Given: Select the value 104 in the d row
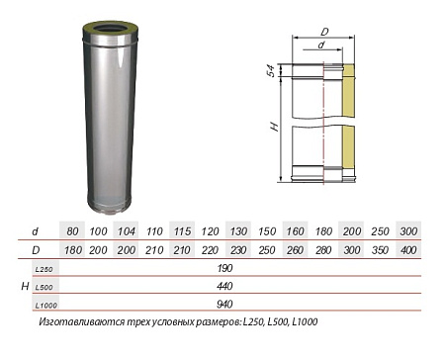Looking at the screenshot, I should pos(127,230).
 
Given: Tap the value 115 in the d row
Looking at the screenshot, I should pos(182,230).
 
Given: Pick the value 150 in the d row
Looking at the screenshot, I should pos(267,230).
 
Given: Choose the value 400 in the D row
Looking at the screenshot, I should pos(407,249).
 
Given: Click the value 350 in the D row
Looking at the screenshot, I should pos(380,249).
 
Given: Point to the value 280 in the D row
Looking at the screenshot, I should pos(323,249).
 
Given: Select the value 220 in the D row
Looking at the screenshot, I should pos(211,249).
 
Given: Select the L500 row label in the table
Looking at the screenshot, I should pos(44,286).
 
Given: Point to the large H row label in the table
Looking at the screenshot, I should pos(24,286).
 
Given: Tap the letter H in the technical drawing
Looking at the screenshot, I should pos(281,128).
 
